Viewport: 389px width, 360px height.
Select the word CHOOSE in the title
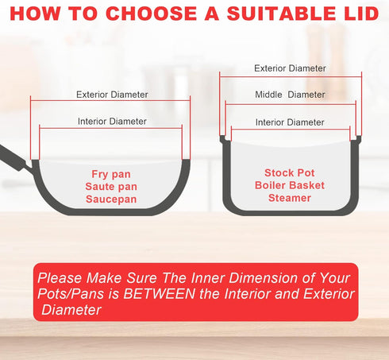[x=152, y=14]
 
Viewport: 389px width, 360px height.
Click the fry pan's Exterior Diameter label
[x=112, y=95]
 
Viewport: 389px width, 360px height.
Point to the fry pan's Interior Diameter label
[x=112, y=122]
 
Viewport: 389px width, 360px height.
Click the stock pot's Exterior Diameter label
[x=290, y=68]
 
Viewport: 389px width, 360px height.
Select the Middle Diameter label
[x=290, y=95]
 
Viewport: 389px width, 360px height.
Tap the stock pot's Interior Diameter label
[x=290, y=122]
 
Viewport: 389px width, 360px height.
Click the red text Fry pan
[x=111, y=175]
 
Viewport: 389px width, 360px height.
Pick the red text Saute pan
[x=111, y=187]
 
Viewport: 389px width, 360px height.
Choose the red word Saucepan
[x=111, y=199]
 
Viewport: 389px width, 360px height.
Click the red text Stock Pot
[x=290, y=173]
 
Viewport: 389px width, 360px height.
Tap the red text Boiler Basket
[x=290, y=185]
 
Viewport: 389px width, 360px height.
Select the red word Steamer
[x=290, y=198]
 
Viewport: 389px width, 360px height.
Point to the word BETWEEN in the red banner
[x=160, y=294]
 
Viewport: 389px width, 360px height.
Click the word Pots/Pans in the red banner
[x=71, y=294]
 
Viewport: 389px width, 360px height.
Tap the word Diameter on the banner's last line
[x=71, y=310]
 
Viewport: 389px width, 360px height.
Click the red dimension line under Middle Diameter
[x=291, y=105]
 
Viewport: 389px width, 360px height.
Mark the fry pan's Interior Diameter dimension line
[x=110, y=129]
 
